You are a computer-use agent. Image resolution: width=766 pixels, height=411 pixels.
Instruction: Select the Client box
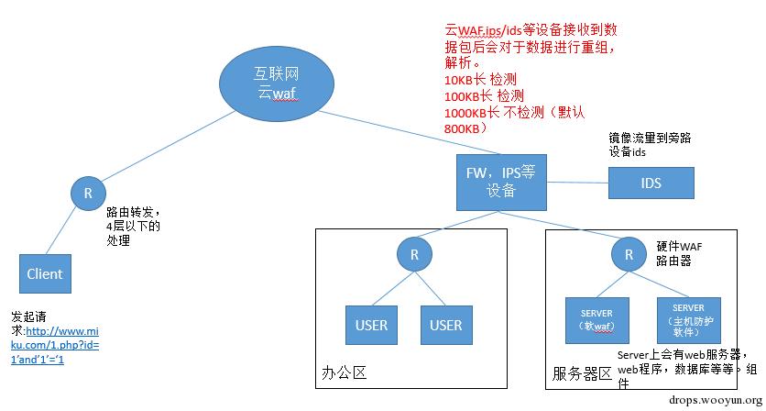tap(45, 273)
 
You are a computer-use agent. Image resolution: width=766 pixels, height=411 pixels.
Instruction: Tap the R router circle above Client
tap(88, 194)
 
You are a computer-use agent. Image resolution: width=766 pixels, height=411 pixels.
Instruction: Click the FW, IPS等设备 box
tap(502, 182)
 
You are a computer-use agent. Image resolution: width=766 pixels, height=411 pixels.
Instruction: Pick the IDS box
tap(651, 183)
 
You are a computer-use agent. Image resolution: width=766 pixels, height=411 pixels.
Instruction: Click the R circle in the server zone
tap(629, 255)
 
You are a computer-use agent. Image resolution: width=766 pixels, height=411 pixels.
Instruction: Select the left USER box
tap(371, 325)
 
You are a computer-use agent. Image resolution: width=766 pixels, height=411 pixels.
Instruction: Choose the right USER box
tap(446, 325)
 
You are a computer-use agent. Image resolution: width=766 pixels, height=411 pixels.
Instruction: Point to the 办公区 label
tap(345, 373)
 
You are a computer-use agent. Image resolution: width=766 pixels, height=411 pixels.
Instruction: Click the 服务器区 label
tap(582, 373)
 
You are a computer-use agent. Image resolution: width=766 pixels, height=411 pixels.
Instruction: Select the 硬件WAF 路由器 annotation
tap(680, 254)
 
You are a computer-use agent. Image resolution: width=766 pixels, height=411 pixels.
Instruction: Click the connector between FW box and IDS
tap(578, 182)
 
